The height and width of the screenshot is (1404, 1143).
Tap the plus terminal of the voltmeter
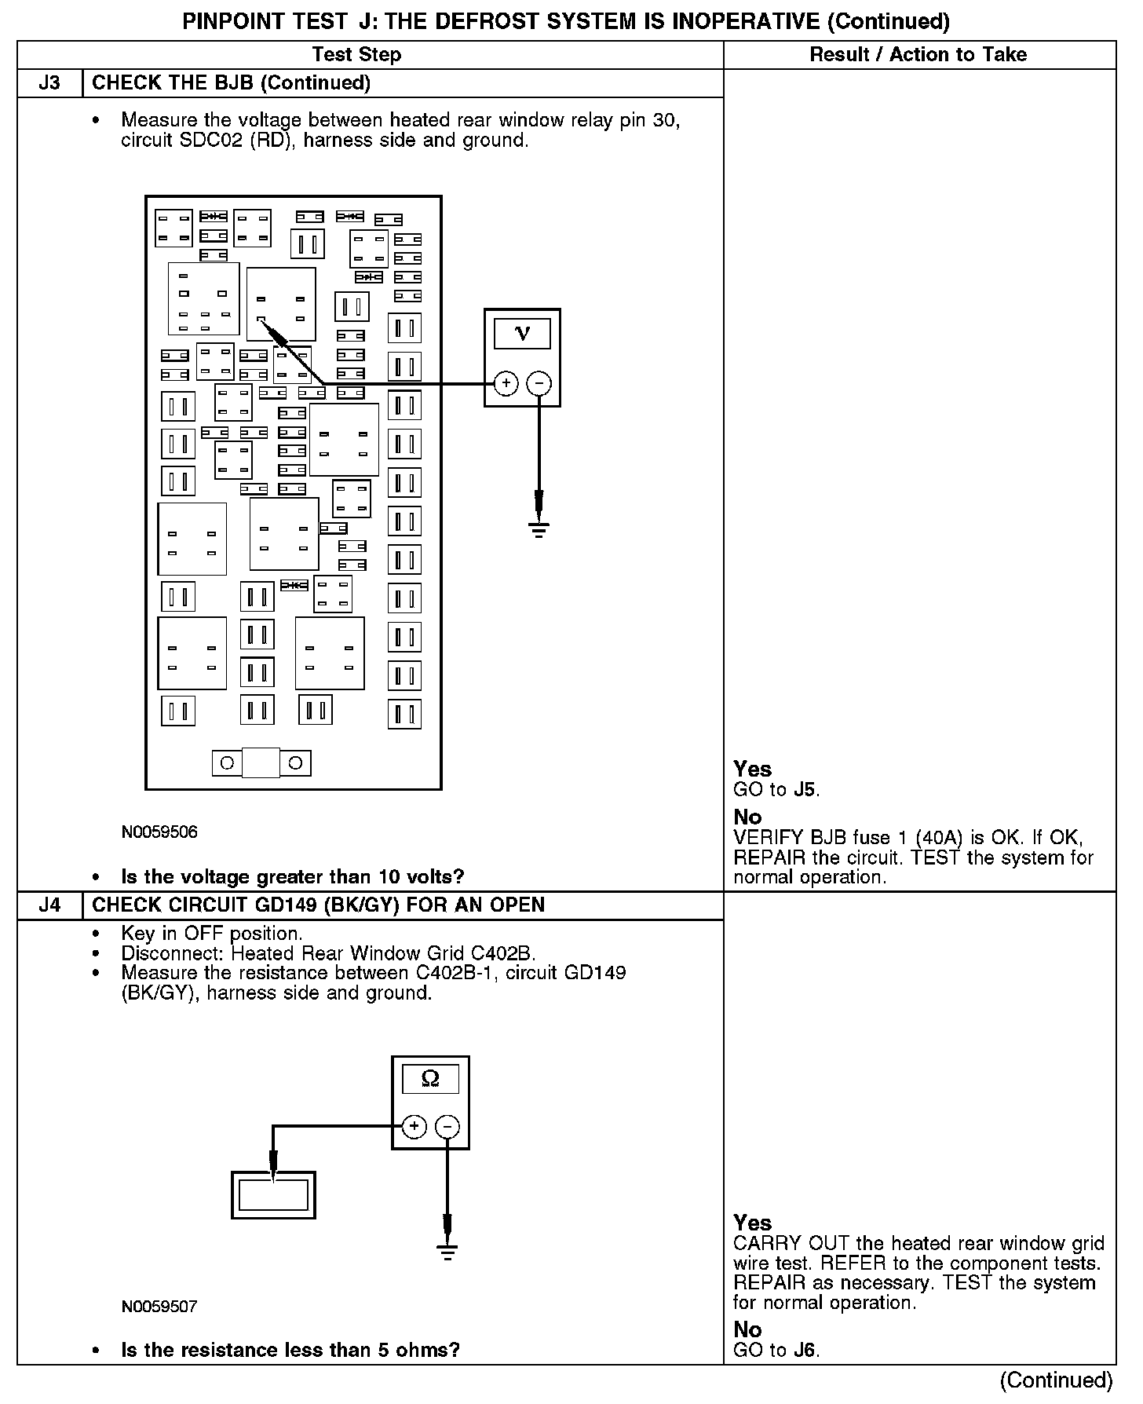(506, 384)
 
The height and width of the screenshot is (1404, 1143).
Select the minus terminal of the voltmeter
(539, 384)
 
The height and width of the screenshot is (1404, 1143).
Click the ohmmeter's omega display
(430, 1079)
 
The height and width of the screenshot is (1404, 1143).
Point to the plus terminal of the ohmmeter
(414, 1128)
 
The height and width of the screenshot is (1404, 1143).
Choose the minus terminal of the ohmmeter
(447, 1128)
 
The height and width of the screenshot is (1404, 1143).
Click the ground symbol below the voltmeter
(539, 528)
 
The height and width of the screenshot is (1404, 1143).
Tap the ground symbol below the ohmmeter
(447, 1251)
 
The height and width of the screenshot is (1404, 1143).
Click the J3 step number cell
(49, 83)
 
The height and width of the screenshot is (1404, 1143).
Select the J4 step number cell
(49, 905)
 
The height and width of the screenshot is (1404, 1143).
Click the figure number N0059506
(159, 832)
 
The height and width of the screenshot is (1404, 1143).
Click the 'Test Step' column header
(356, 55)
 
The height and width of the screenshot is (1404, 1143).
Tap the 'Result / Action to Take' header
(918, 55)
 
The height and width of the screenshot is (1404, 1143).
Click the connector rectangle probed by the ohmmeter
(273, 1195)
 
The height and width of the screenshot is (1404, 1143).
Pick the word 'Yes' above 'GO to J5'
(752, 769)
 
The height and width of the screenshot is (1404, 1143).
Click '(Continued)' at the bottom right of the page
(1057, 1380)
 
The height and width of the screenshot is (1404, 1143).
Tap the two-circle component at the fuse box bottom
(261, 762)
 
